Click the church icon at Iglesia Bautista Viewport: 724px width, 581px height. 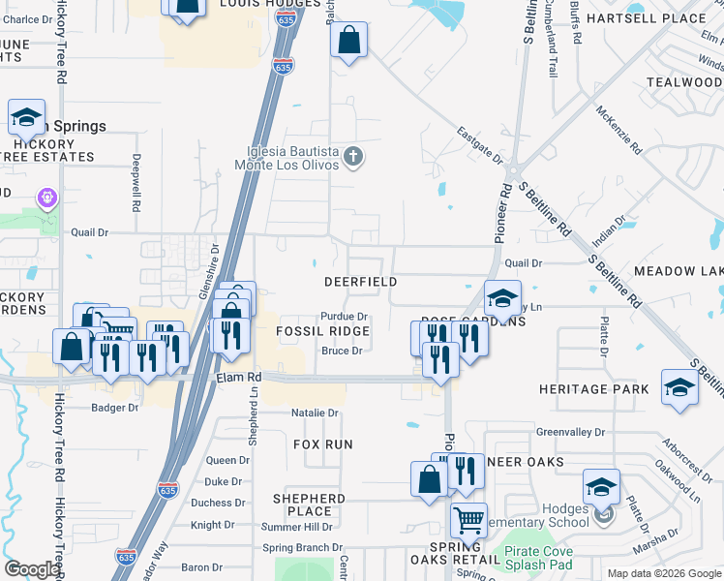[x=354, y=156]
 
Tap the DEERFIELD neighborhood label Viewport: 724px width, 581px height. [x=360, y=281]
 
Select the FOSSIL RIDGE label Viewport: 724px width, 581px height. [x=323, y=331]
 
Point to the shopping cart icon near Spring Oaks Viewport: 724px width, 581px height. [x=468, y=521]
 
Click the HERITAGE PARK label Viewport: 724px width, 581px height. [x=594, y=389]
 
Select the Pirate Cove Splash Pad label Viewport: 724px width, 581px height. [x=538, y=557]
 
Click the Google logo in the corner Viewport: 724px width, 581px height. [x=32, y=568]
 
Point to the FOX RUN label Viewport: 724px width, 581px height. [x=323, y=443]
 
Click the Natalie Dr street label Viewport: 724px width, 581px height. [x=316, y=413]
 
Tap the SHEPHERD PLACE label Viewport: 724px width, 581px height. [x=309, y=505]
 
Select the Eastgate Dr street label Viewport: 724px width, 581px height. [x=480, y=146]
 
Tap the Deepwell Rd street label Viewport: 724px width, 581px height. [x=137, y=183]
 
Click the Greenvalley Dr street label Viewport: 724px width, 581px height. [x=570, y=432]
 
